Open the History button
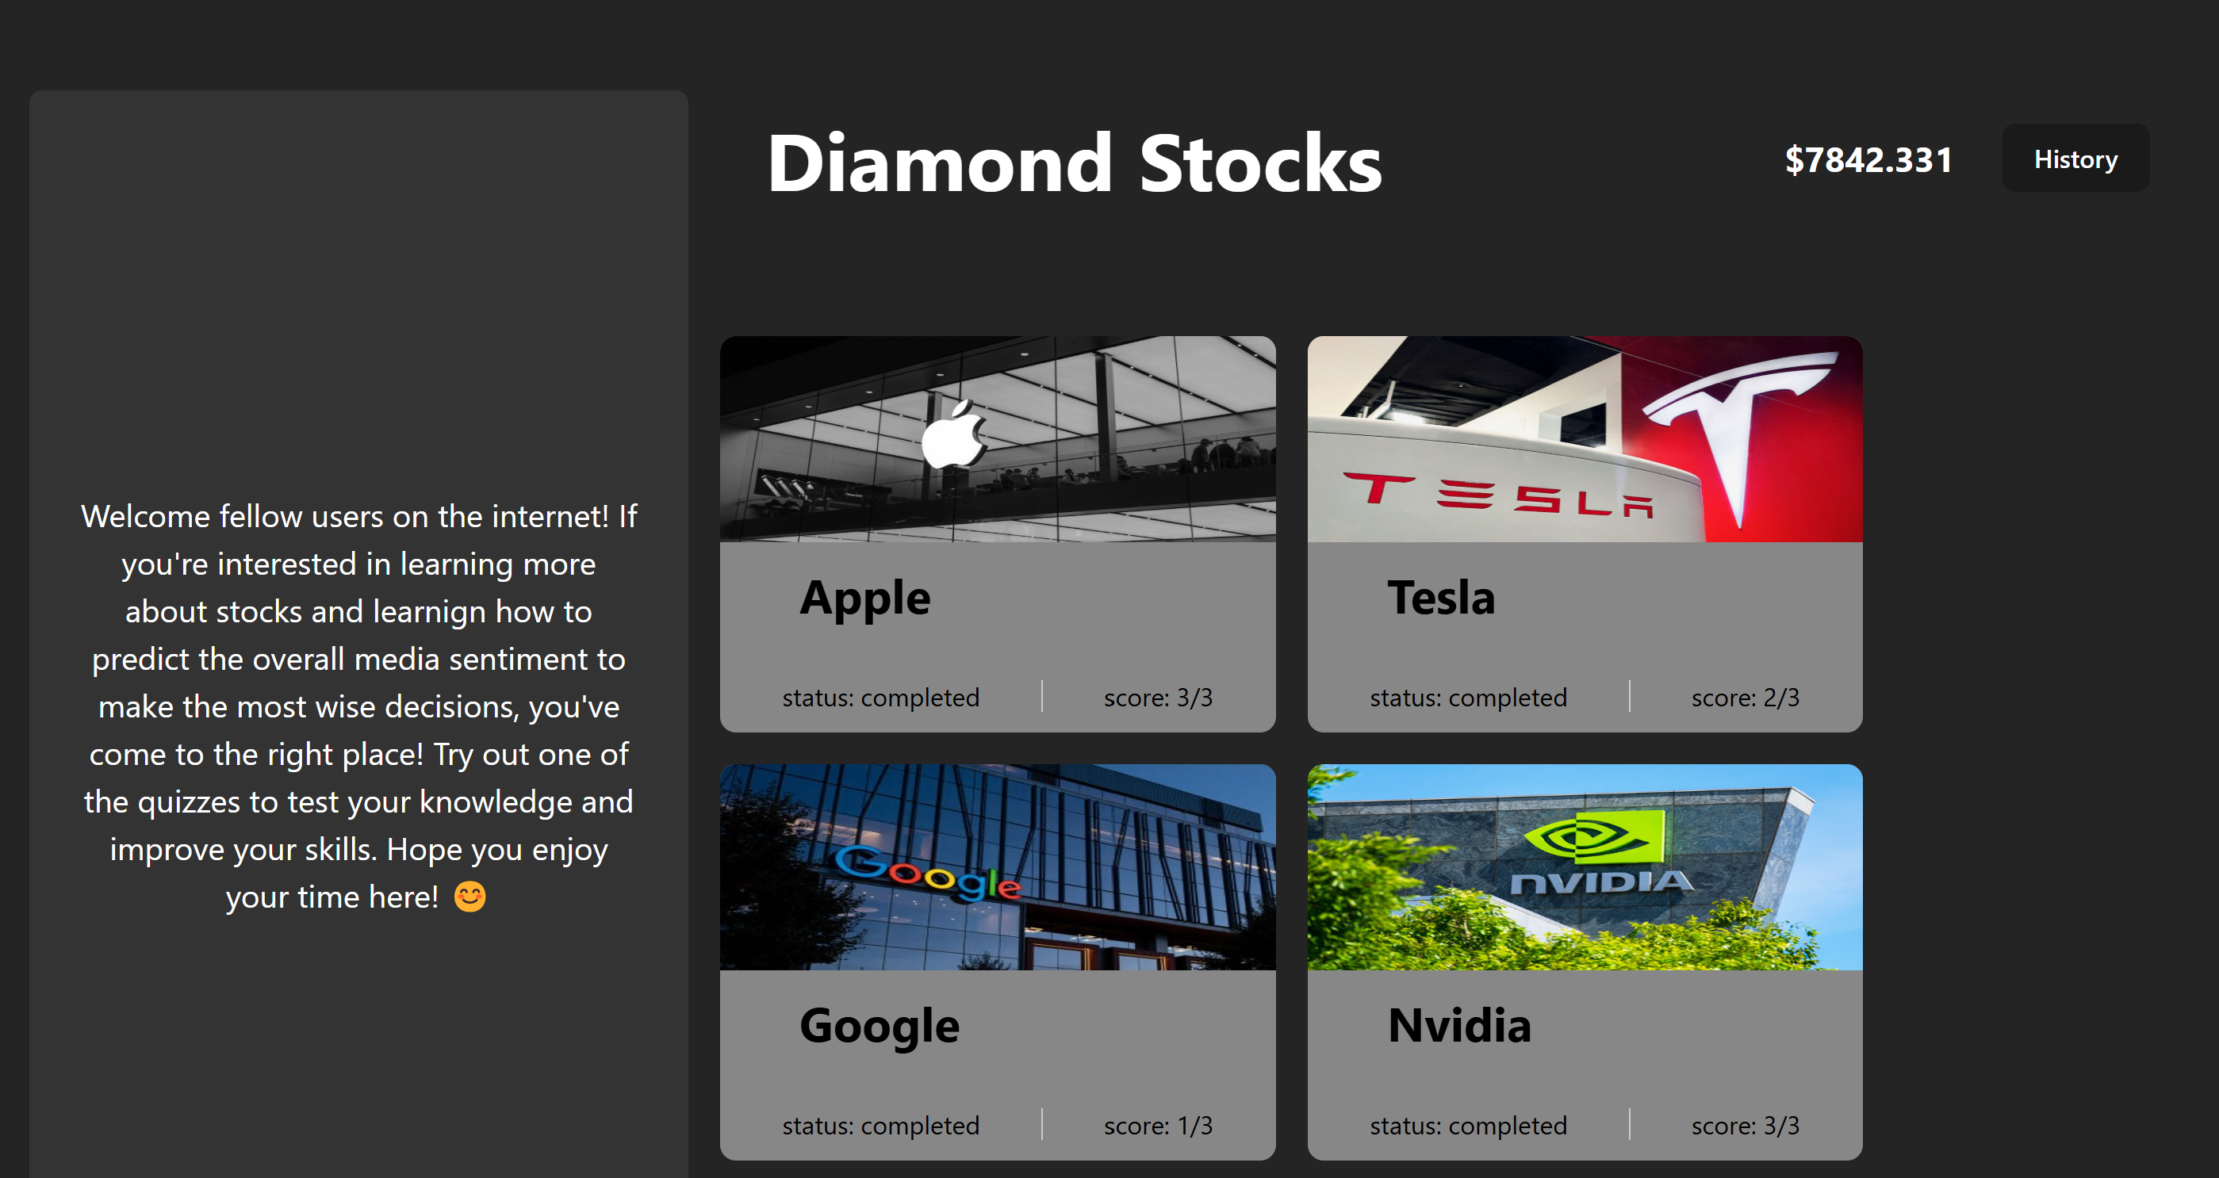click(2075, 159)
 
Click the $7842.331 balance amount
click(1868, 160)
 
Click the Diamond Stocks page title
click(1073, 163)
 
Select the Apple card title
click(865, 598)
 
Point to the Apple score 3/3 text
click(1158, 698)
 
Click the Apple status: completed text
click(880, 698)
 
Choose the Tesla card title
click(1440, 598)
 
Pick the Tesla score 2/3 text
click(1746, 698)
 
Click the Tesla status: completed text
click(1468, 698)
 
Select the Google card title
click(879, 1026)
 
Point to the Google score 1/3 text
click(1158, 1126)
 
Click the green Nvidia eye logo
click(1593, 836)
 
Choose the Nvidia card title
click(1459, 1026)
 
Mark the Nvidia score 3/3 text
click(1746, 1126)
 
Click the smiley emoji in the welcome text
click(469, 897)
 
